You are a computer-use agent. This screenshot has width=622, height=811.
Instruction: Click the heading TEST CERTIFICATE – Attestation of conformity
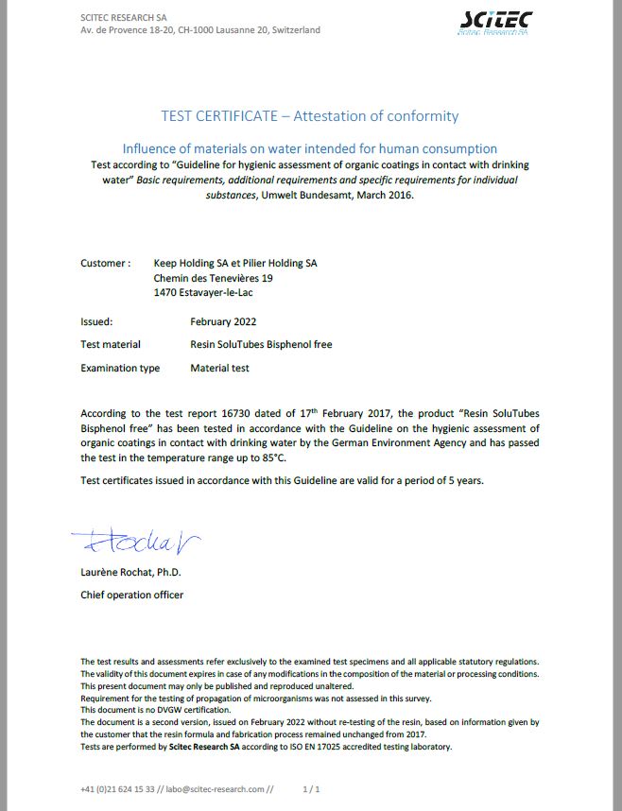click(310, 116)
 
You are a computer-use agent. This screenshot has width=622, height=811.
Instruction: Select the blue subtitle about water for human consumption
click(310, 148)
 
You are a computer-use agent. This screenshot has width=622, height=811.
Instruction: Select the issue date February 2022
click(223, 321)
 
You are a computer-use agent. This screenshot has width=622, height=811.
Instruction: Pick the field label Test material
click(111, 345)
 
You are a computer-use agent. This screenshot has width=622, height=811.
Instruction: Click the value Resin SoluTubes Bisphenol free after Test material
click(261, 345)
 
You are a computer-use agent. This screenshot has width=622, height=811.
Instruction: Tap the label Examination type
click(120, 369)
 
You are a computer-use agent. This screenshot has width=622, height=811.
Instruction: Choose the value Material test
click(219, 369)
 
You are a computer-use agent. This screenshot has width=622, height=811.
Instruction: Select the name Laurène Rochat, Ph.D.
click(130, 573)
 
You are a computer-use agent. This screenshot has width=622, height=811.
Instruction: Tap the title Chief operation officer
click(131, 595)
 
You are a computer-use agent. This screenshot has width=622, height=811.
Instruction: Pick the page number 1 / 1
click(312, 788)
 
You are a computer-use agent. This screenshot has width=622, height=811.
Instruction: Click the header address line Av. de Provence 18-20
click(200, 30)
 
